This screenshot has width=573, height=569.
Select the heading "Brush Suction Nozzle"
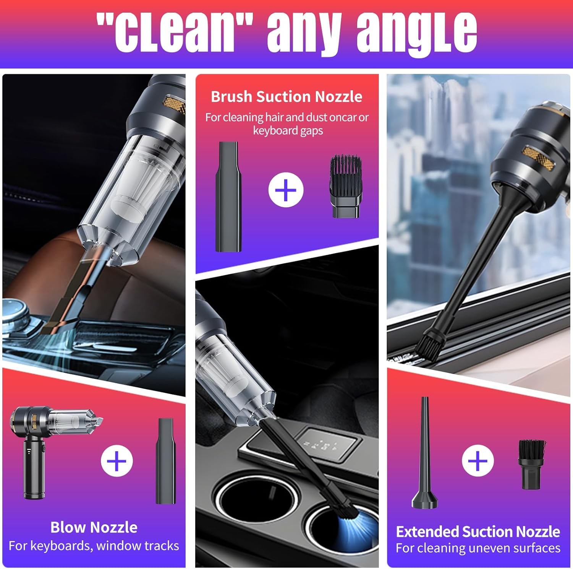(286, 97)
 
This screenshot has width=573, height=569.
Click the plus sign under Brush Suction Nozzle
(286, 190)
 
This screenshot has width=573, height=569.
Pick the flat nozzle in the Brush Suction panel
(228, 197)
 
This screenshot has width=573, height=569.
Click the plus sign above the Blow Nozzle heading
(117, 461)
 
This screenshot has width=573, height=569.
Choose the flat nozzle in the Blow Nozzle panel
(166, 461)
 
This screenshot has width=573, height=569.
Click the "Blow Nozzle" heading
(94, 527)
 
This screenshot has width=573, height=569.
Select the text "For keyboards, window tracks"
(94, 546)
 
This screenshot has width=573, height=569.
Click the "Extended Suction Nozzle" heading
(478, 532)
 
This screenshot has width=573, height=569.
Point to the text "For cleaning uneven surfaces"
(478, 548)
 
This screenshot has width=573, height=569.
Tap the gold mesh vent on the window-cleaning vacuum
(539, 157)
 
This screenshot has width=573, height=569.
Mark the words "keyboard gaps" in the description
(288, 131)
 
